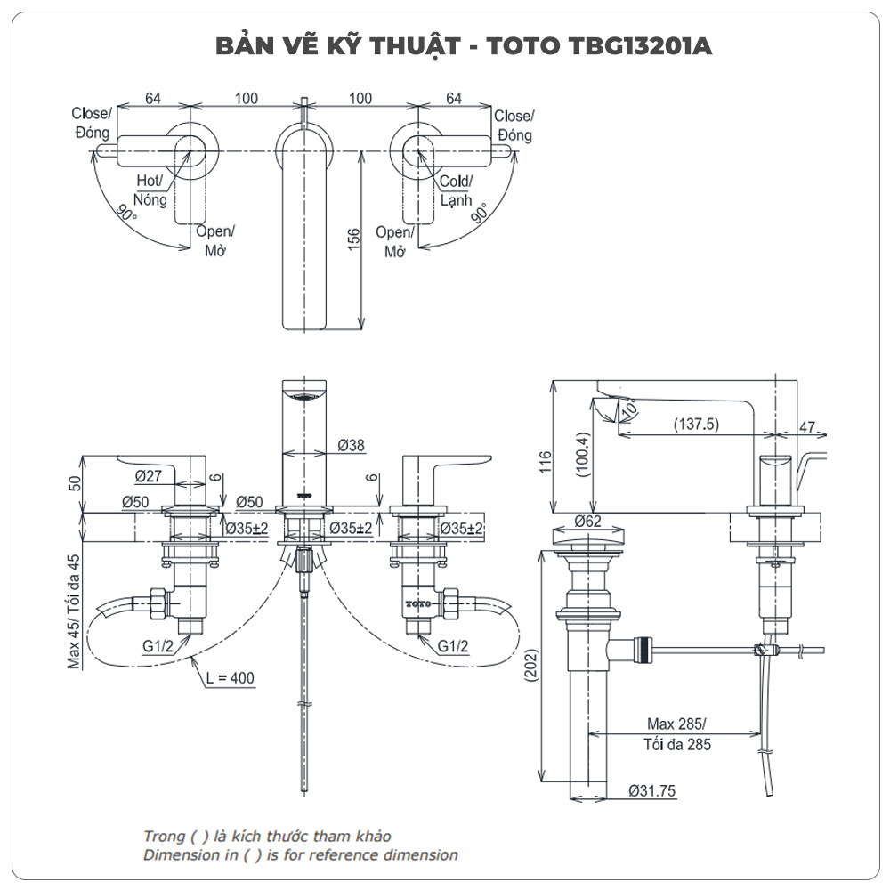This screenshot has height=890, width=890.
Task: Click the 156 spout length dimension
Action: tap(353, 239)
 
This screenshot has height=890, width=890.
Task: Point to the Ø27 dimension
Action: tap(148, 475)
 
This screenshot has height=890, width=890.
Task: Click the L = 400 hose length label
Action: tap(229, 678)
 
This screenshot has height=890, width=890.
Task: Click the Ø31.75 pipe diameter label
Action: tap(651, 789)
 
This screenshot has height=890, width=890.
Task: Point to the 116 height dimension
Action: tap(545, 461)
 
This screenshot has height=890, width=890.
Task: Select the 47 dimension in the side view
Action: tap(807, 427)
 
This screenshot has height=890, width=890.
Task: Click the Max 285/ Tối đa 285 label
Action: tap(676, 732)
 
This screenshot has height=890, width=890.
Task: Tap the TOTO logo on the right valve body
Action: tap(418, 603)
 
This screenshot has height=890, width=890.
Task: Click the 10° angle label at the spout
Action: tap(630, 409)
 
